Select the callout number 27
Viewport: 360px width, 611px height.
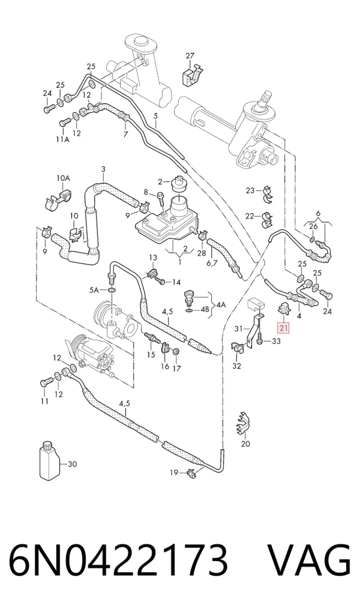[x=190, y=56]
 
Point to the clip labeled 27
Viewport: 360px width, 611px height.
[x=191, y=76]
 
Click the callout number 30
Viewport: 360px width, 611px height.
[x=72, y=464]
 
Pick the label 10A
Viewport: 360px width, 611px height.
[x=63, y=178]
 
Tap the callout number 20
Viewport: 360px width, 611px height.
[x=245, y=444]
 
